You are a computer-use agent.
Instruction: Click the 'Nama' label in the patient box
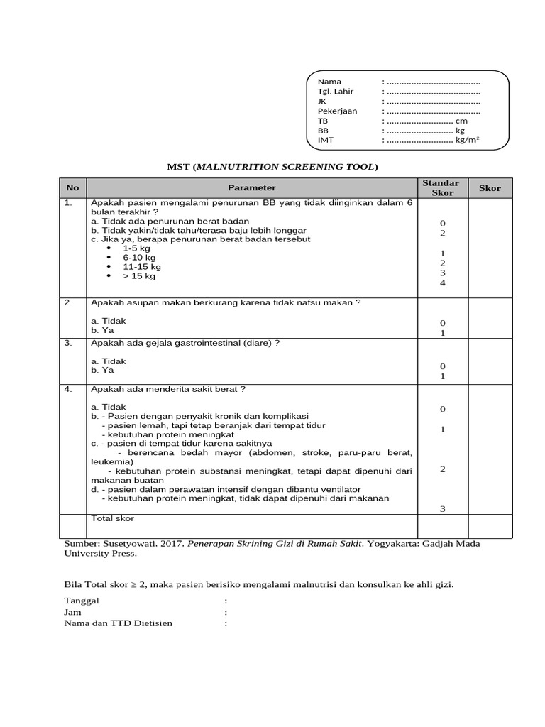click(x=329, y=82)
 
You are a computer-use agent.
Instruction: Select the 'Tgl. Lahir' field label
click(x=335, y=92)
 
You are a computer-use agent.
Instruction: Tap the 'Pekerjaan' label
click(x=337, y=111)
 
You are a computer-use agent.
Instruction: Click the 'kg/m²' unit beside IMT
click(x=467, y=141)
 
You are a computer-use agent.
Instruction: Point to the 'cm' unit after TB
click(x=461, y=121)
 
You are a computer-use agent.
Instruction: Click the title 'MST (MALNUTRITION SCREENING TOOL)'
click(x=272, y=167)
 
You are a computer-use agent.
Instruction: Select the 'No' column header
click(x=72, y=188)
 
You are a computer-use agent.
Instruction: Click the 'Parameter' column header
click(x=252, y=188)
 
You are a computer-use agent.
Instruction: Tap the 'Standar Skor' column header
click(x=441, y=188)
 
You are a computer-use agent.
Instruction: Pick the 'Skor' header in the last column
click(x=490, y=188)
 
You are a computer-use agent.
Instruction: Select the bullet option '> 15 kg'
click(x=139, y=276)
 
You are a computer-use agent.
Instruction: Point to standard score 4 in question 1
click(x=442, y=283)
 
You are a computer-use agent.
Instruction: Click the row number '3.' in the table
click(x=69, y=343)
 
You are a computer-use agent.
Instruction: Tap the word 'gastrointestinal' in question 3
click(x=209, y=343)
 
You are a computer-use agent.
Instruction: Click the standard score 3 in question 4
click(x=442, y=508)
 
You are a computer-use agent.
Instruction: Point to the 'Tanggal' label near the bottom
click(x=82, y=601)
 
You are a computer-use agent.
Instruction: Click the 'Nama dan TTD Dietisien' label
click(x=118, y=623)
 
